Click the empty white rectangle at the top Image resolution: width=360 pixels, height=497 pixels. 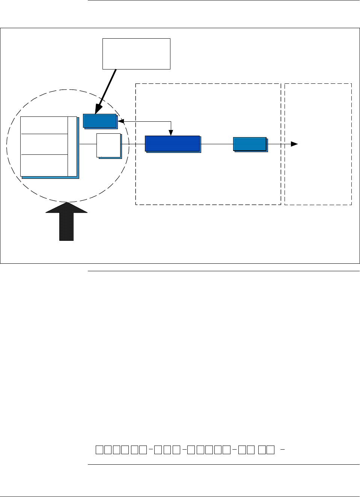coord(136,53)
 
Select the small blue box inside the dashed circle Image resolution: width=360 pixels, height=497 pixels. coord(100,121)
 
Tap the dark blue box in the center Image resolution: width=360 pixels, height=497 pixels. coord(172,144)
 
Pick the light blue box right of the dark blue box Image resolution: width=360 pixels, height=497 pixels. coord(250,144)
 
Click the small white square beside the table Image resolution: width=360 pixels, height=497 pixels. coord(108,145)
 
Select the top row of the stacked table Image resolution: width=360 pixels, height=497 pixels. coord(44,125)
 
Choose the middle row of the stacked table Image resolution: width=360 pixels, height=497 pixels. coord(44,144)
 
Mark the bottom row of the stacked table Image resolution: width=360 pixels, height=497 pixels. coord(44,165)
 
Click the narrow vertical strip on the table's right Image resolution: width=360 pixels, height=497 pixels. coord(72,146)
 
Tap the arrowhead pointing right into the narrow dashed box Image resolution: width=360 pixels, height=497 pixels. coord(295,144)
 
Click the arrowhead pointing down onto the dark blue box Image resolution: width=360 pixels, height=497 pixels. coord(171,133)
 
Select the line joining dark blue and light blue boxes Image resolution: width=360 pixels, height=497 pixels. coord(217,144)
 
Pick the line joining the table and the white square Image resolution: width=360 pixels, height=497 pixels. coord(88,144)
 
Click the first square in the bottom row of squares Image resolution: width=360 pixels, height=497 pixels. coord(99,449)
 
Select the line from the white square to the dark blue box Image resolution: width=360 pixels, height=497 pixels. coord(133,144)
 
